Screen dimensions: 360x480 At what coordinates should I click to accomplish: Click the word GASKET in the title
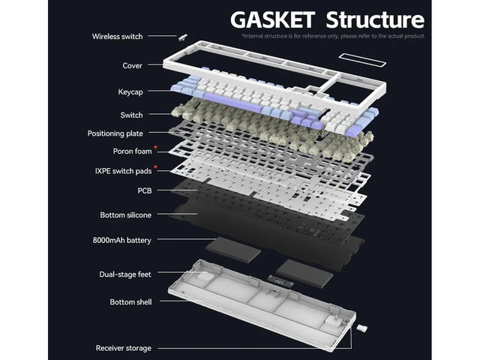[271, 19]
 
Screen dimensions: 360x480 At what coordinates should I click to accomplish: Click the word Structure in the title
[373, 19]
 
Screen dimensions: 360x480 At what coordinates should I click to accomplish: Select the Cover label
[132, 66]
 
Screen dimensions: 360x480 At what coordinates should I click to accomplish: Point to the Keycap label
[130, 91]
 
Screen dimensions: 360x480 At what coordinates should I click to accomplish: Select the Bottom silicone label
[126, 215]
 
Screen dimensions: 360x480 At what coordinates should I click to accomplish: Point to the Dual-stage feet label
[124, 274]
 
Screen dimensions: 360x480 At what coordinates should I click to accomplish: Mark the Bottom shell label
[130, 301]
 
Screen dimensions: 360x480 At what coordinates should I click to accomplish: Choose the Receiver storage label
[123, 348]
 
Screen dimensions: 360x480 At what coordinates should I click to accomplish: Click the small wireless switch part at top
[182, 35]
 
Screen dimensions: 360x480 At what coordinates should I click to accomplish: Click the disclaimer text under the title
[333, 36]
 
